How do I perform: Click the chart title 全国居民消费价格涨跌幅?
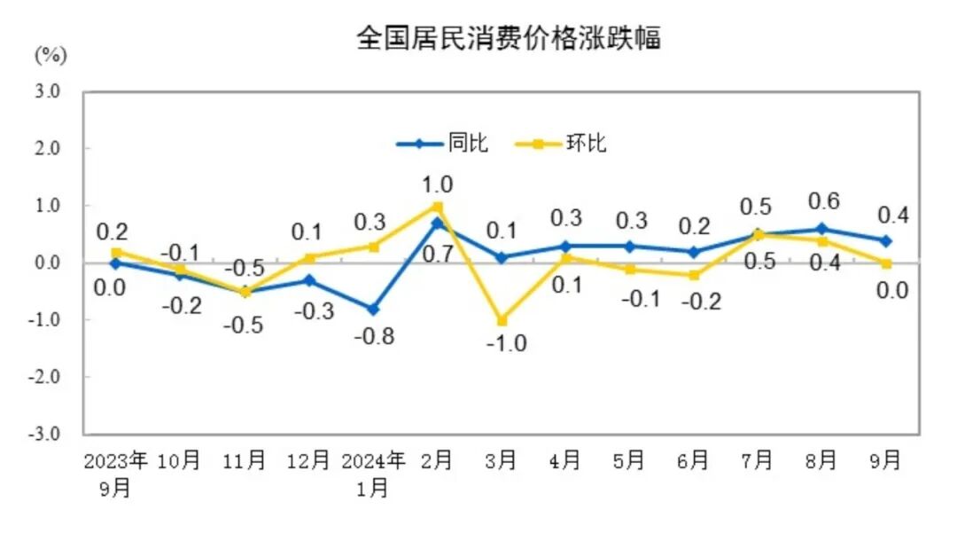(x=508, y=38)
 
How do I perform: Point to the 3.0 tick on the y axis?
(x=48, y=91)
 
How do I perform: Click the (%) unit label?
(x=51, y=56)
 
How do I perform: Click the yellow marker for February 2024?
(x=437, y=207)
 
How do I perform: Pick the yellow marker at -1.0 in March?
(x=502, y=320)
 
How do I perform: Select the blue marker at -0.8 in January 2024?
(x=373, y=310)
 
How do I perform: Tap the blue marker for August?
(x=821, y=229)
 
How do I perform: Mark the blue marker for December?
(x=309, y=280)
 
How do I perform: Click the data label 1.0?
(x=439, y=184)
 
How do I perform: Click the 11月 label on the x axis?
(x=245, y=460)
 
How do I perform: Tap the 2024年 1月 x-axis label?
(x=373, y=474)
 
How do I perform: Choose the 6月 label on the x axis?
(x=693, y=460)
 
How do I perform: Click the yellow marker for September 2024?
(x=885, y=263)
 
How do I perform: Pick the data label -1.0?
(x=508, y=343)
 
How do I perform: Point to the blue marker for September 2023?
(x=116, y=263)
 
